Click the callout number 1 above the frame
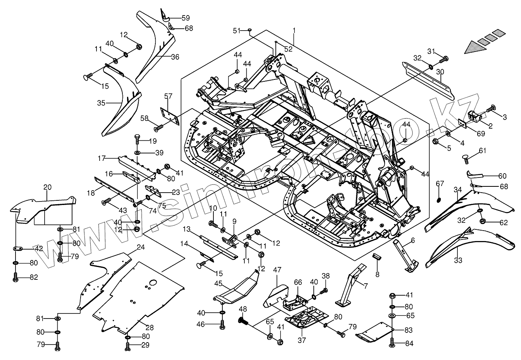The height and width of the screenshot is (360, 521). click(x=294, y=30)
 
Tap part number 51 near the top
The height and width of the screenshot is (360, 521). click(x=236, y=30)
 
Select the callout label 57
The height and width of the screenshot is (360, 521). click(x=168, y=96)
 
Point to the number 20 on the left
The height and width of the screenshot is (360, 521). click(x=47, y=187)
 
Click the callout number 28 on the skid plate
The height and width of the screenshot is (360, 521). click(x=150, y=328)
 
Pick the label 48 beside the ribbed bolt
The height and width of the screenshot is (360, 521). click(x=243, y=309)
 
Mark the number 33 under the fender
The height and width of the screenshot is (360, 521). click(x=458, y=260)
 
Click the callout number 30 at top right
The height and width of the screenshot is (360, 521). click(x=440, y=72)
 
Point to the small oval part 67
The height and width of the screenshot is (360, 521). click(x=438, y=200)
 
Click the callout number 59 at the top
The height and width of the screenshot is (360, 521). click(x=186, y=17)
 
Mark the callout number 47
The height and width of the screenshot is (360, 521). click(x=277, y=270)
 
